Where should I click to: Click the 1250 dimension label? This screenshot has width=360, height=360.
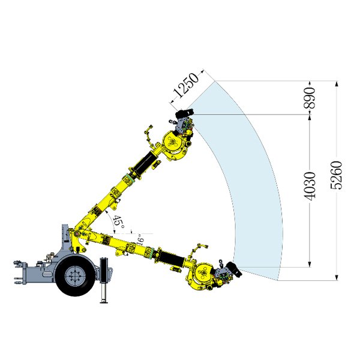[x=186, y=85]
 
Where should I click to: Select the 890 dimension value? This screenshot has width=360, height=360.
[x=309, y=98]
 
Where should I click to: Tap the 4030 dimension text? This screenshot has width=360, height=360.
[x=309, y=186]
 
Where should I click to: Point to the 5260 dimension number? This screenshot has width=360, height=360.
[x=336, y=175]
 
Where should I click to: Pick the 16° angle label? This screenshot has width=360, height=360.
[x=140, y=239]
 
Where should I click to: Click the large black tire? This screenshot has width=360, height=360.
[x=75, y=275]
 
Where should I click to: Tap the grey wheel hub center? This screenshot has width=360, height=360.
[x=75, y=275]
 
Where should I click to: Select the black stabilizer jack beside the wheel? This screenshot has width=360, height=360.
[x=104, y=280]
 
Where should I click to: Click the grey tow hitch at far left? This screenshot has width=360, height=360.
[x=20, y=272]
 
